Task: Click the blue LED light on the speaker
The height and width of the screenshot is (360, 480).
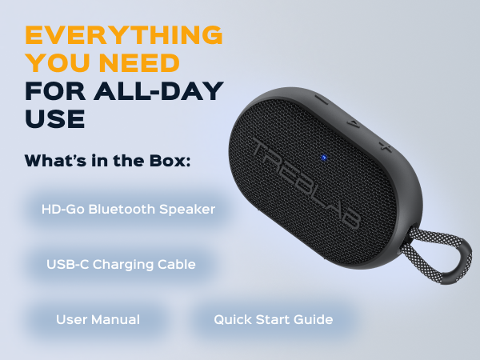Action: click(x=322, y=156)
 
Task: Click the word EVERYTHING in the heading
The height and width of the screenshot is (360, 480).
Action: click(x=124, y=35)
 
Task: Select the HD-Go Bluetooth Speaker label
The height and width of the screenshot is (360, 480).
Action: click(x=128, y=210)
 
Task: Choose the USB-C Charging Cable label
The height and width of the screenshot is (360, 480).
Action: click(x=121, y=264)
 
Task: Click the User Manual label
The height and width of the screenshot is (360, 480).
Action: click(x=98, y=319)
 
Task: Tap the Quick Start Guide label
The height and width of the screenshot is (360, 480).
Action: click(x=273, y=319)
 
